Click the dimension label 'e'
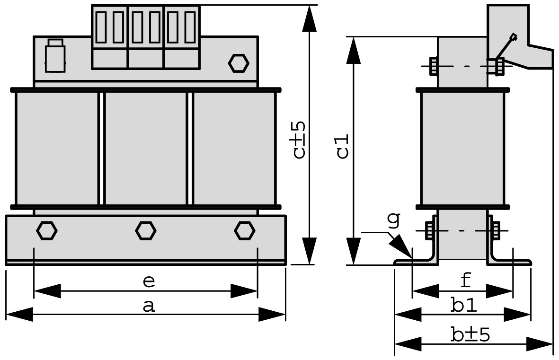pos(149,281)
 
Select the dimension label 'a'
pos(149,306)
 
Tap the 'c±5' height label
pos(299,140)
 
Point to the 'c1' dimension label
pos(343,146)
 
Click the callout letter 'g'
pos(393,220)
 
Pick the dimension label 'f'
pos(466,280)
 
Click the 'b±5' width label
pos(470,335)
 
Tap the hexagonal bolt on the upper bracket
pos(238,63)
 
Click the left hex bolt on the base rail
pos(47,230)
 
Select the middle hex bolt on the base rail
pos(145,230)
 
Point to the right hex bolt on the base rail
pos(244,230)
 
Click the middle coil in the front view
pos(146,148)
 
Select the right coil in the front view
pos(235,148)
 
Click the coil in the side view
pos(463,148)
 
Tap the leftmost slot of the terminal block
pos(101,27)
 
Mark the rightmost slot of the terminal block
pos(190,27)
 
